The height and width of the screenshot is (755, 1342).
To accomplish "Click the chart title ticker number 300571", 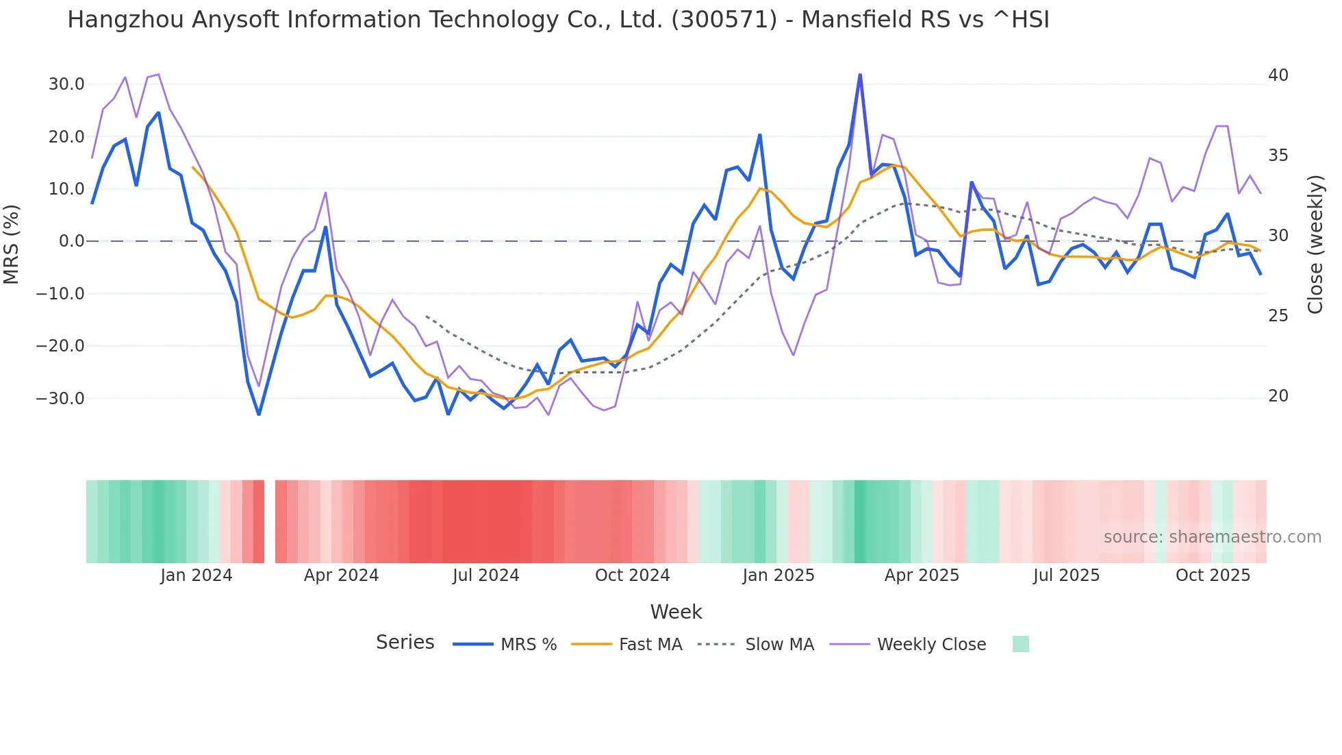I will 724,20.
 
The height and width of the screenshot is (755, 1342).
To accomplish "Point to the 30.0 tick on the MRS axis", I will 66,84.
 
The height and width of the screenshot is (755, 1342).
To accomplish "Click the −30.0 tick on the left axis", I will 61,398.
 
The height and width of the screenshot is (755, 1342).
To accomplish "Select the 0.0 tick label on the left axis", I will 71,241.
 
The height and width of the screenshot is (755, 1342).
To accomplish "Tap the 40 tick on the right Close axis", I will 1278,75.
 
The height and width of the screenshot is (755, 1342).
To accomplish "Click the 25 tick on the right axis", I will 1278,315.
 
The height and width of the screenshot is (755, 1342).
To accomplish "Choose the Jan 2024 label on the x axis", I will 197,575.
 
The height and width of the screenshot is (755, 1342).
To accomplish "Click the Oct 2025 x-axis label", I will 1213,575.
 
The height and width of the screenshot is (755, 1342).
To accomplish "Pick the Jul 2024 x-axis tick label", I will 485,575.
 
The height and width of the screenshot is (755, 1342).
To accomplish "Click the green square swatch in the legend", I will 1020,644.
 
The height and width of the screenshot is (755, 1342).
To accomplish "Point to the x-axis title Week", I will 676,611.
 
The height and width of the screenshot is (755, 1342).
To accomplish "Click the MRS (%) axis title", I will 12,244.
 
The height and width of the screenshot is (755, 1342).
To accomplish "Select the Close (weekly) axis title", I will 1315,244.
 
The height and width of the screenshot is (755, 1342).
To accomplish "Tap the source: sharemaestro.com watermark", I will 1212,536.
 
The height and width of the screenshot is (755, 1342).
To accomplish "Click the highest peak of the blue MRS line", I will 860,75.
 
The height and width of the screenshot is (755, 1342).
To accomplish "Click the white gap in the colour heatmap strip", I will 270,521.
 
